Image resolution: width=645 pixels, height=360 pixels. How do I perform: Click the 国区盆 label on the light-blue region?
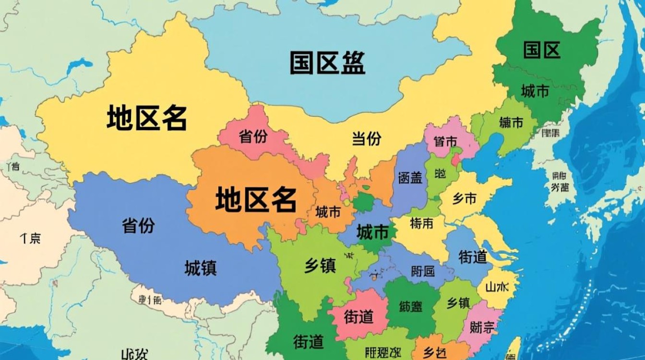coord(327,63)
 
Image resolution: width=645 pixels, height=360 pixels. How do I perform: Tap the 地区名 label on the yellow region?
coord(146,118)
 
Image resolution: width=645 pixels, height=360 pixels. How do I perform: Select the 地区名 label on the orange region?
coord(256,200)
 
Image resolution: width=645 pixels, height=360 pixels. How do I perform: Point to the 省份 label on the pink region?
coord(253,137)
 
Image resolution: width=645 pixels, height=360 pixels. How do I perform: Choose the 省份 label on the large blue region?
coord(138,225)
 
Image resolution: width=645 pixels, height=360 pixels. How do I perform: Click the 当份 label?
coord(367,139)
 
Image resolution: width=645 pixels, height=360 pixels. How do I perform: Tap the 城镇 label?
coord(201,268)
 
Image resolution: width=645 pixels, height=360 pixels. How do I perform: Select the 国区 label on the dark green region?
coord(542,50)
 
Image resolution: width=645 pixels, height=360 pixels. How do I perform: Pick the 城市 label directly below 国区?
coord(535,91)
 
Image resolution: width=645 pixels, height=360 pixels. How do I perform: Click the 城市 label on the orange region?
coord(328,212)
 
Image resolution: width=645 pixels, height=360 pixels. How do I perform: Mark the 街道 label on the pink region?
coord(358,316)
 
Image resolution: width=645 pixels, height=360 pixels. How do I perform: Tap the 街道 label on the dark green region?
coord(308,342)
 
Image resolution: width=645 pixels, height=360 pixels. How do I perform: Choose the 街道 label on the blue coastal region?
coord(473,257)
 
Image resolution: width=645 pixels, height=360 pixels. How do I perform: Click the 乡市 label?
coord(464,198)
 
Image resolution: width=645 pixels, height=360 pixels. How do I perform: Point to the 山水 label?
coord(497,287)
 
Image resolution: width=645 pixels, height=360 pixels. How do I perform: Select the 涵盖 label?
coord(410,178)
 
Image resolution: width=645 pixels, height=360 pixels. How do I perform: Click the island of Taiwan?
coord(513,348)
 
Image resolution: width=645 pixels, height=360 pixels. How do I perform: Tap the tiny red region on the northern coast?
coord(454,159)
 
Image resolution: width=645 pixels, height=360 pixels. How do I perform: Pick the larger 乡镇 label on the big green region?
coord(320,265)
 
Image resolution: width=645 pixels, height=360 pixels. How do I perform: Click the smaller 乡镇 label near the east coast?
coord(458,303)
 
